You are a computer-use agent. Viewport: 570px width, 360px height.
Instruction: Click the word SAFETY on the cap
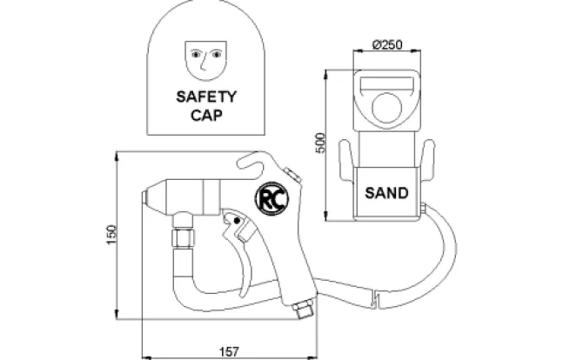point(206,97)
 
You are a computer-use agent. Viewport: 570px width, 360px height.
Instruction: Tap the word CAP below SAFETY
point(206,115)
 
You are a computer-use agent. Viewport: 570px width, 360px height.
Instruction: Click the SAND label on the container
point(386,193)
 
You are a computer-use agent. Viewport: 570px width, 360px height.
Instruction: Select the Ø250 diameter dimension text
point(387,44)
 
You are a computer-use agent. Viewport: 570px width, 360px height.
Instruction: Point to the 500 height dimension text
point(320,143)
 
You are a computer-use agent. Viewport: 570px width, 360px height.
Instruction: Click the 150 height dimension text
point(111,235)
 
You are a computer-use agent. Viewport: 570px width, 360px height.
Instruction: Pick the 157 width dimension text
point(230,351)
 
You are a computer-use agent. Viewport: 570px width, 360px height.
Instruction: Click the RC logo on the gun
point(272,199)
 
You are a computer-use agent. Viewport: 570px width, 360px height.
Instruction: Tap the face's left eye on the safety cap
point(196,54)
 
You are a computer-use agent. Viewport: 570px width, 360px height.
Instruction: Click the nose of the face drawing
point(204,62)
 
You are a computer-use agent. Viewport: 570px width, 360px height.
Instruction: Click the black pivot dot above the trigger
point(237,221)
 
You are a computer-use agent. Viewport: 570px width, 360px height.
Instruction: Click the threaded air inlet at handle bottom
point(303,309)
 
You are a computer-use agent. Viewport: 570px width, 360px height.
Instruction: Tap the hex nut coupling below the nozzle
point(183,238)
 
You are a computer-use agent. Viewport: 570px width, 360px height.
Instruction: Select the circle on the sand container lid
point(386,108)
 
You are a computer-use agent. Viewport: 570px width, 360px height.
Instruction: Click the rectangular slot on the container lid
point(386,84)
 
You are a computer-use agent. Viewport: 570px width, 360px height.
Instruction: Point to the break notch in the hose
point(376,298)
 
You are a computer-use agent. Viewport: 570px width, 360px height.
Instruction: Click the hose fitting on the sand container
point(423,208)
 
